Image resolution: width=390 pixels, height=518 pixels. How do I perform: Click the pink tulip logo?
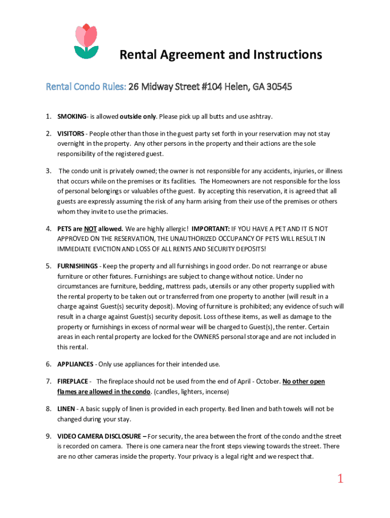tap(86, 40)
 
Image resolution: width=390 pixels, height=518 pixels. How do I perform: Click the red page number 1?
tap(340, 478)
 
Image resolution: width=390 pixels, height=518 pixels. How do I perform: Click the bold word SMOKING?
tap(71, 117)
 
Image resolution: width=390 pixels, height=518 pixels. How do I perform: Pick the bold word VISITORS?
tap(71, 134)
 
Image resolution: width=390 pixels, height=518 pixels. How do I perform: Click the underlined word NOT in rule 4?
tap(91, 229)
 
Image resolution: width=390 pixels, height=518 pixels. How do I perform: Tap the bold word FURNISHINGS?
tap(77, 266)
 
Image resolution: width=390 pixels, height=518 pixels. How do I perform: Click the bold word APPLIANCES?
tap(75, 364)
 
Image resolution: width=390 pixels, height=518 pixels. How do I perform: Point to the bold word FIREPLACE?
tap(73, 381)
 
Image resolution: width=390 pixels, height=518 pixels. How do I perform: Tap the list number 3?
tap(48, 171)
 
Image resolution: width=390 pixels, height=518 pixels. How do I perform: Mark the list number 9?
tap(48, 436)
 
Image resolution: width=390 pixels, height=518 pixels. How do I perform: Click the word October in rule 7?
tap(264, 381)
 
